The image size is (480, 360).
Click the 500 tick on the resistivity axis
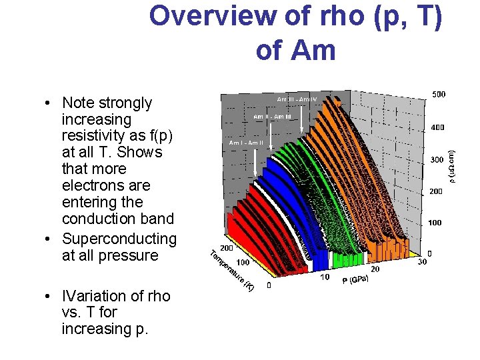438,95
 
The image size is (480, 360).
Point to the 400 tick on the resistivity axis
437,127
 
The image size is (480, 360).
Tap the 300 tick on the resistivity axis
435,160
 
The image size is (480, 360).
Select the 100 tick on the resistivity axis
434,222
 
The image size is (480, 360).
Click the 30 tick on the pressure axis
421,262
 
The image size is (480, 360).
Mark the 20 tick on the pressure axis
375,269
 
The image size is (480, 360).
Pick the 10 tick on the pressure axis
325,277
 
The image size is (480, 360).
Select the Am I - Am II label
246,143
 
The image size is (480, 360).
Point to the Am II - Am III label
272,117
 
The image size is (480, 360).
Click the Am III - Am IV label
297,99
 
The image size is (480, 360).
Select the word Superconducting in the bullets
119,239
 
